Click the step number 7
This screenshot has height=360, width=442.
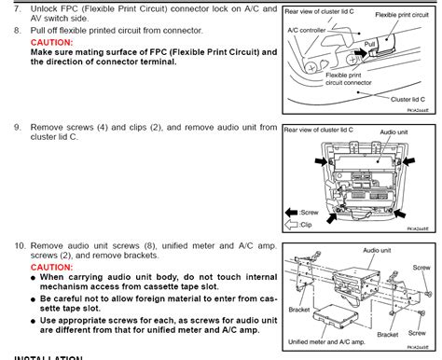[16, 9]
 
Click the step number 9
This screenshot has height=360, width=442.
[16, 127]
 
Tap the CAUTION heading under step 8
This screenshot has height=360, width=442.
[54, 43]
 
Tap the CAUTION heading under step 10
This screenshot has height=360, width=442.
[54, 267]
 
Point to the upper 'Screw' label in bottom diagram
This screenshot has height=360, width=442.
[422, 267]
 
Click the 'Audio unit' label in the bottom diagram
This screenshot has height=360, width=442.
[375, 252]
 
